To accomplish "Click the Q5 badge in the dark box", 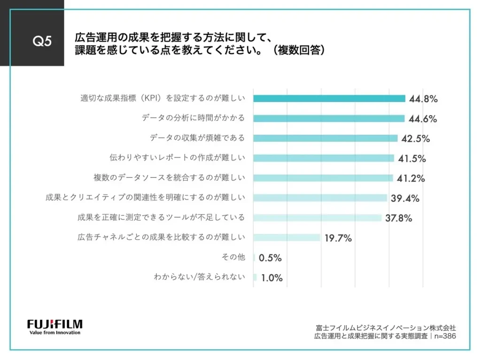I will [41, 41].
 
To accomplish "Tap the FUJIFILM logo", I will [55, 324].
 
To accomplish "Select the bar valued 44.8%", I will [329, 99].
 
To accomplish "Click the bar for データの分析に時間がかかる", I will [329, 118].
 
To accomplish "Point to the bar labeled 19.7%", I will [287, 237].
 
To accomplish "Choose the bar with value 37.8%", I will [317, 218].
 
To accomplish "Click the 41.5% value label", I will [412, 159].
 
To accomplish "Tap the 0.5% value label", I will [270, 258].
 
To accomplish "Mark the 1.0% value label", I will [272, 278].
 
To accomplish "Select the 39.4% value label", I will [405, 199].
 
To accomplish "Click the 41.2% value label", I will [411, 178].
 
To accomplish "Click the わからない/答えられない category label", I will [200, 277].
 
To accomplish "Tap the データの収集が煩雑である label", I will [197, 138].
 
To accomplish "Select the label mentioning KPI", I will [163, 99].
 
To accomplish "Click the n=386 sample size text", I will [444, 336].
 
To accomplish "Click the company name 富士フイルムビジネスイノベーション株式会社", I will [386, 328].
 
